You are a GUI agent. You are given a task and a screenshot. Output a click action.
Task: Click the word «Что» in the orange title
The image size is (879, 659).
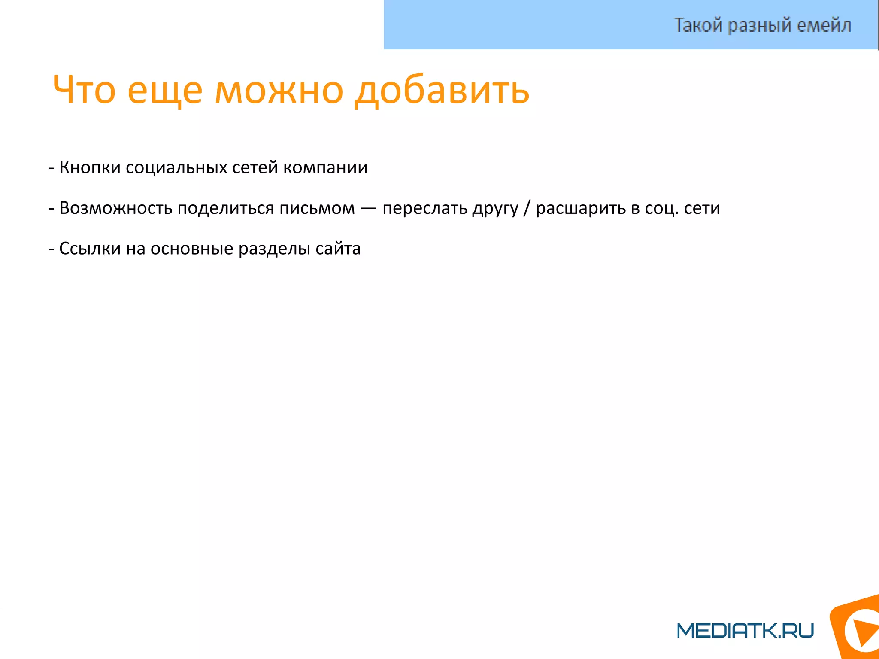click(84, 90)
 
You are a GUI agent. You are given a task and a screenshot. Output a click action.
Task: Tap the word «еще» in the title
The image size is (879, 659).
click(165, 91)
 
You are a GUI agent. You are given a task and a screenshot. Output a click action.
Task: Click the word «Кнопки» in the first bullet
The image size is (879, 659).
click(90, 167)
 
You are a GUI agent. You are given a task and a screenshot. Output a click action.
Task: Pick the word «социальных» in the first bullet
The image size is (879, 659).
click(176, 167)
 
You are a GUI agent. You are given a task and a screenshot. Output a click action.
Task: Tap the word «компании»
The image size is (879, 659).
click(325, 167)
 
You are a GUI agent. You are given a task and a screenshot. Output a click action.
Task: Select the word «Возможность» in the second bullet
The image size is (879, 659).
click(115, 208)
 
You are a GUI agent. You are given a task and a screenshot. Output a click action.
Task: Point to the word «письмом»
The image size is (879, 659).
click(317, 208)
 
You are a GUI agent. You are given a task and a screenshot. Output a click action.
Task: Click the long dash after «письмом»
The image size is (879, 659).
click(369, 208)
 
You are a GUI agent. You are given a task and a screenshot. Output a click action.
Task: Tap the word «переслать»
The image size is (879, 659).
click(425, 208)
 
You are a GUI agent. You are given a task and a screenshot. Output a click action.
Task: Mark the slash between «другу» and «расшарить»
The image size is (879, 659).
click(527, 208)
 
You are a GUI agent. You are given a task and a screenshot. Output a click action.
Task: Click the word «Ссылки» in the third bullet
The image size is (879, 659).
click(90, 249)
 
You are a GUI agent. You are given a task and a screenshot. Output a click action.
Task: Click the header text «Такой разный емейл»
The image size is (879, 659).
click(762, 25)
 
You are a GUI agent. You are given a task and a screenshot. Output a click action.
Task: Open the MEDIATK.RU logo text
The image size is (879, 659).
click(745, 630)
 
